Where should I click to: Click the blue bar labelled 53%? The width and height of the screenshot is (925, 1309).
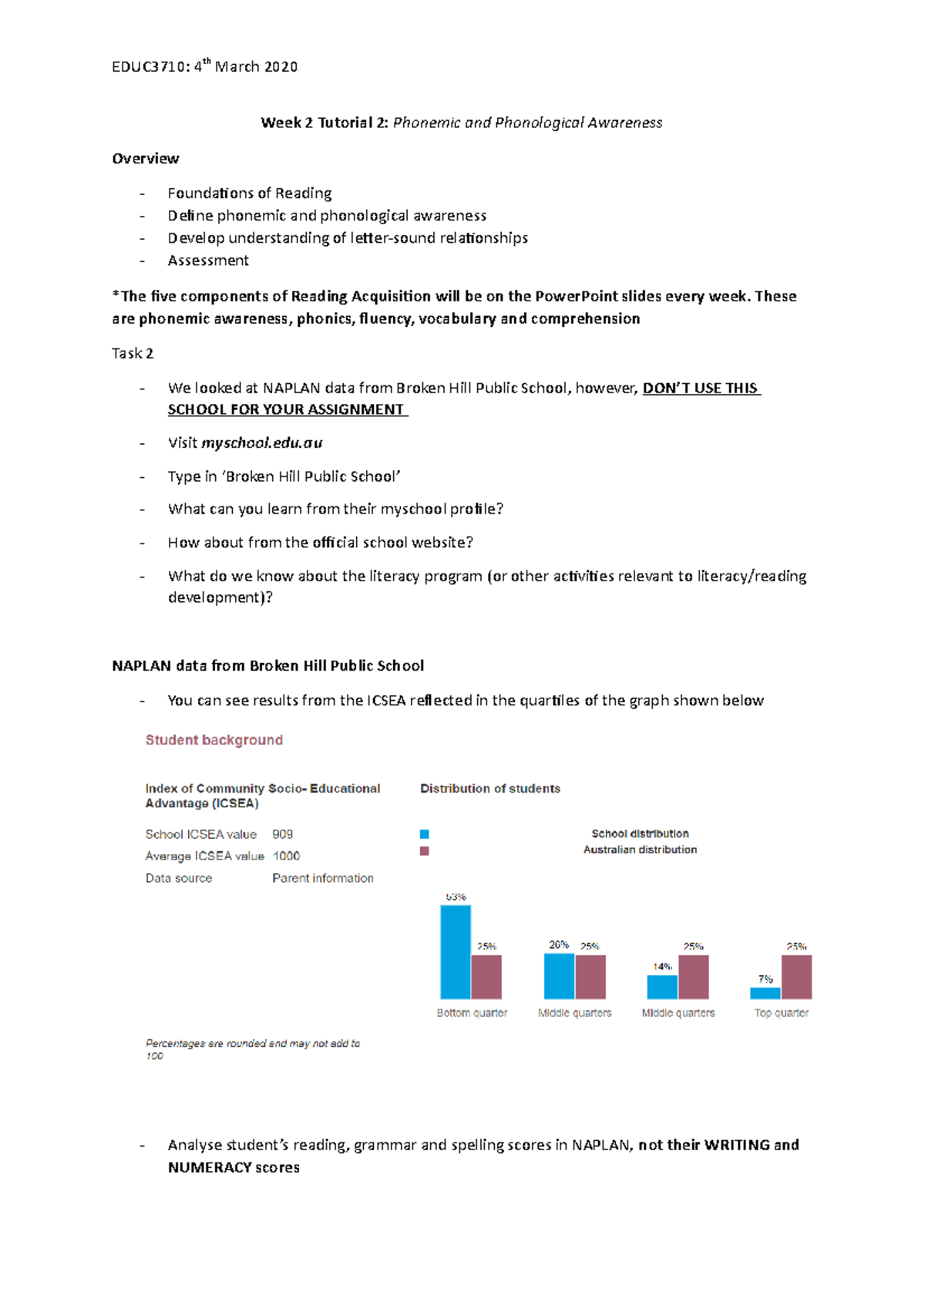click(x=456, y=952)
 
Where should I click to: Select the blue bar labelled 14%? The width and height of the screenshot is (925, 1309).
click(x=662, y=988)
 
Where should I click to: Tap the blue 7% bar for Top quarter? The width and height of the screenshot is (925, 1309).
click(x=765, y=994)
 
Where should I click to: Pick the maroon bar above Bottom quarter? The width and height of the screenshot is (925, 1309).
click(x=486, y=977)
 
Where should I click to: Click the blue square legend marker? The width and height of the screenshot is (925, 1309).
click(x=424, y=834)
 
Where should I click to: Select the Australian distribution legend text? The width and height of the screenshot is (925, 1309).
click(x=640, y=850)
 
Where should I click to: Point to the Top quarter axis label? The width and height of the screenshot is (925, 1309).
click(x=781, y=1013)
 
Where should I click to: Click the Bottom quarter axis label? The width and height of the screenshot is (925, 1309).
click(x=472, y=1013)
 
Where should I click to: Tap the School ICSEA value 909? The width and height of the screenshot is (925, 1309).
click(x=282, y=834)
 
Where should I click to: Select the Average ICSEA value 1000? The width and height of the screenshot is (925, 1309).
click(x=286, y=856)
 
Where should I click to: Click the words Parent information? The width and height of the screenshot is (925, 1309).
click(x=322, y=878)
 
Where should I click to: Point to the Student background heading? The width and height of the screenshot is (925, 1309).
click(x=214, y=740)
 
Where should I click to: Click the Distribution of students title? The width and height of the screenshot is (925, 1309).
click(x=489, y=789)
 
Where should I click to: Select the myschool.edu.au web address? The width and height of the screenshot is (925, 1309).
click(x=261, y=443)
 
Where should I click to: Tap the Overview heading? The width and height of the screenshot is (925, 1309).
click(x=145, y=159)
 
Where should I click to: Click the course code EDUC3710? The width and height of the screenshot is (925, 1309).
click(x=148, y=67)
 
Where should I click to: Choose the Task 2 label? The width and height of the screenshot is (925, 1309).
click(x=132, y=354)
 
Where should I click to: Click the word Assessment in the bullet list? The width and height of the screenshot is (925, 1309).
click(x=208, y=261)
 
